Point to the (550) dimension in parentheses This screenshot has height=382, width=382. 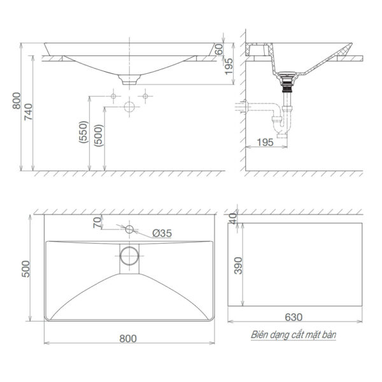coord(83,134)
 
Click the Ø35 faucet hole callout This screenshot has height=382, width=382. coord(162,234)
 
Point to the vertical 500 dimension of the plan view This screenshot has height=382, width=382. coord(26,269)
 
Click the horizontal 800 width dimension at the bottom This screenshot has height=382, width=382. coord(128,339)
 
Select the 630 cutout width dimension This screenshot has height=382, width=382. coord(294,316)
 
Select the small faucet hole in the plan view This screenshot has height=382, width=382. coord(129,229)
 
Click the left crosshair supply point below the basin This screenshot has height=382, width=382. coord(113,96)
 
